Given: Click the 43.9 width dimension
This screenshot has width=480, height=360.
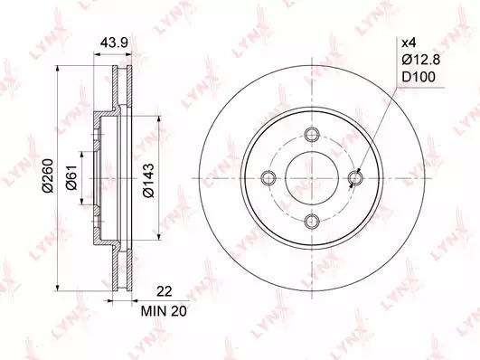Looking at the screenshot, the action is coord(114,43).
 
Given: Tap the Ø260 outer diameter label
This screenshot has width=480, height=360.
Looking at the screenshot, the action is coord(48,175).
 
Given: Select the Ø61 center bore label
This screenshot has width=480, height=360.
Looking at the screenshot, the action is coord(71,177).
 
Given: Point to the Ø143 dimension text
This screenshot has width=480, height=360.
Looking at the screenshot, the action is coord(148,181).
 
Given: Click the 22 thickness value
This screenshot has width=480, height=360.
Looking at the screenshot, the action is coord(165,291).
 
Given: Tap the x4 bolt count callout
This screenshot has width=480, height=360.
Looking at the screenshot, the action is coord(409,43).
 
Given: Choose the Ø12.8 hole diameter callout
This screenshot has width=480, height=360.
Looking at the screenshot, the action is coord(421,60).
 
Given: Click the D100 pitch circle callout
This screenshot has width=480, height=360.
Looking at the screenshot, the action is coord(419,77).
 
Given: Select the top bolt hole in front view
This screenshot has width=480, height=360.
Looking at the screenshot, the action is coord(312,134).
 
